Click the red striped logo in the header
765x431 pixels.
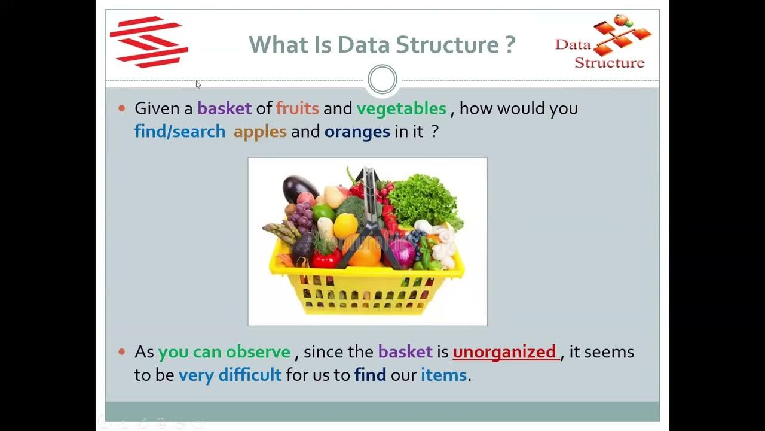pos(149,42)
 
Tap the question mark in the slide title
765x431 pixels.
pos(509,45)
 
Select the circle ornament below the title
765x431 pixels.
pos(382,80)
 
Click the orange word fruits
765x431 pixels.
pos(297,108)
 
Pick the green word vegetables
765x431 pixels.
pos(401,108)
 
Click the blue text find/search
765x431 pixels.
pos(179,132)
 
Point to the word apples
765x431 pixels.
pos(260,132)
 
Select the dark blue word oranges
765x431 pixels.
pos(357,132)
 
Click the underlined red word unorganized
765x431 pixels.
pos(504,352)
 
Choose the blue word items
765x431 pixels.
pos(443,375)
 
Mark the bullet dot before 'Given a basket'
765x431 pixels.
pos(122,108)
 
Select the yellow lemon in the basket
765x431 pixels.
pos(345,226)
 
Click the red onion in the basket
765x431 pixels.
pos(402,253)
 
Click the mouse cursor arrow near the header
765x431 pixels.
pos(198,84)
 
